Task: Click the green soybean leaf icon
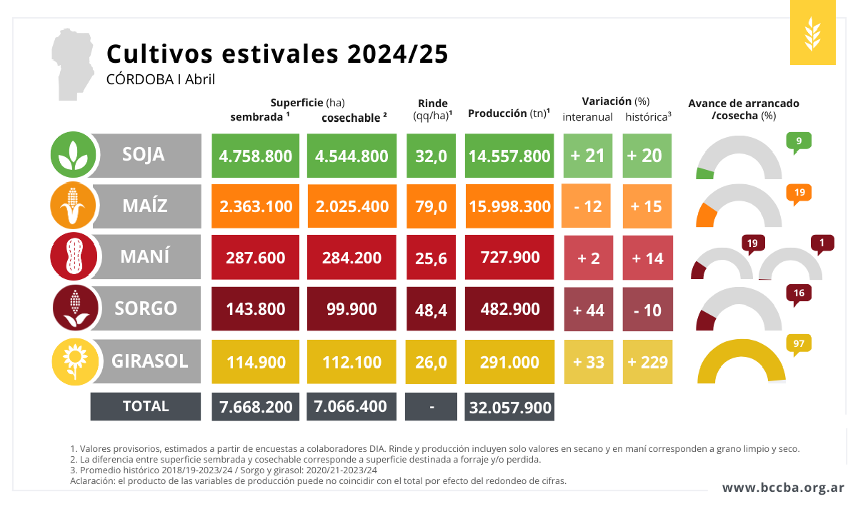[x=72, y=155]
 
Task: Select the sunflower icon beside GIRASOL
[x=72, y=361]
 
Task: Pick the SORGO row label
[x=146, y=308]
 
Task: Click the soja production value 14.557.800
[x=510, y=156]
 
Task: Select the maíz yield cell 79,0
[x=432, y=207]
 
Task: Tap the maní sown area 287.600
[x=256, y=258]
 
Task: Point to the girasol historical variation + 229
[x=647, y=362]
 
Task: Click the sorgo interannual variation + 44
[x=589, y=310]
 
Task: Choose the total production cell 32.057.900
[x=510, y=407]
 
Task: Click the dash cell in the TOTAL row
[x=432, y=407]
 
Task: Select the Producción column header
[x=508, y=114]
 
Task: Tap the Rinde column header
[x=432, y=109]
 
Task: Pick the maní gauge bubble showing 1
[x=822, y=243]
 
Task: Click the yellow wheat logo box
[x=812, y=33]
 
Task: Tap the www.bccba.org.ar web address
[x=783, y=488]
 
